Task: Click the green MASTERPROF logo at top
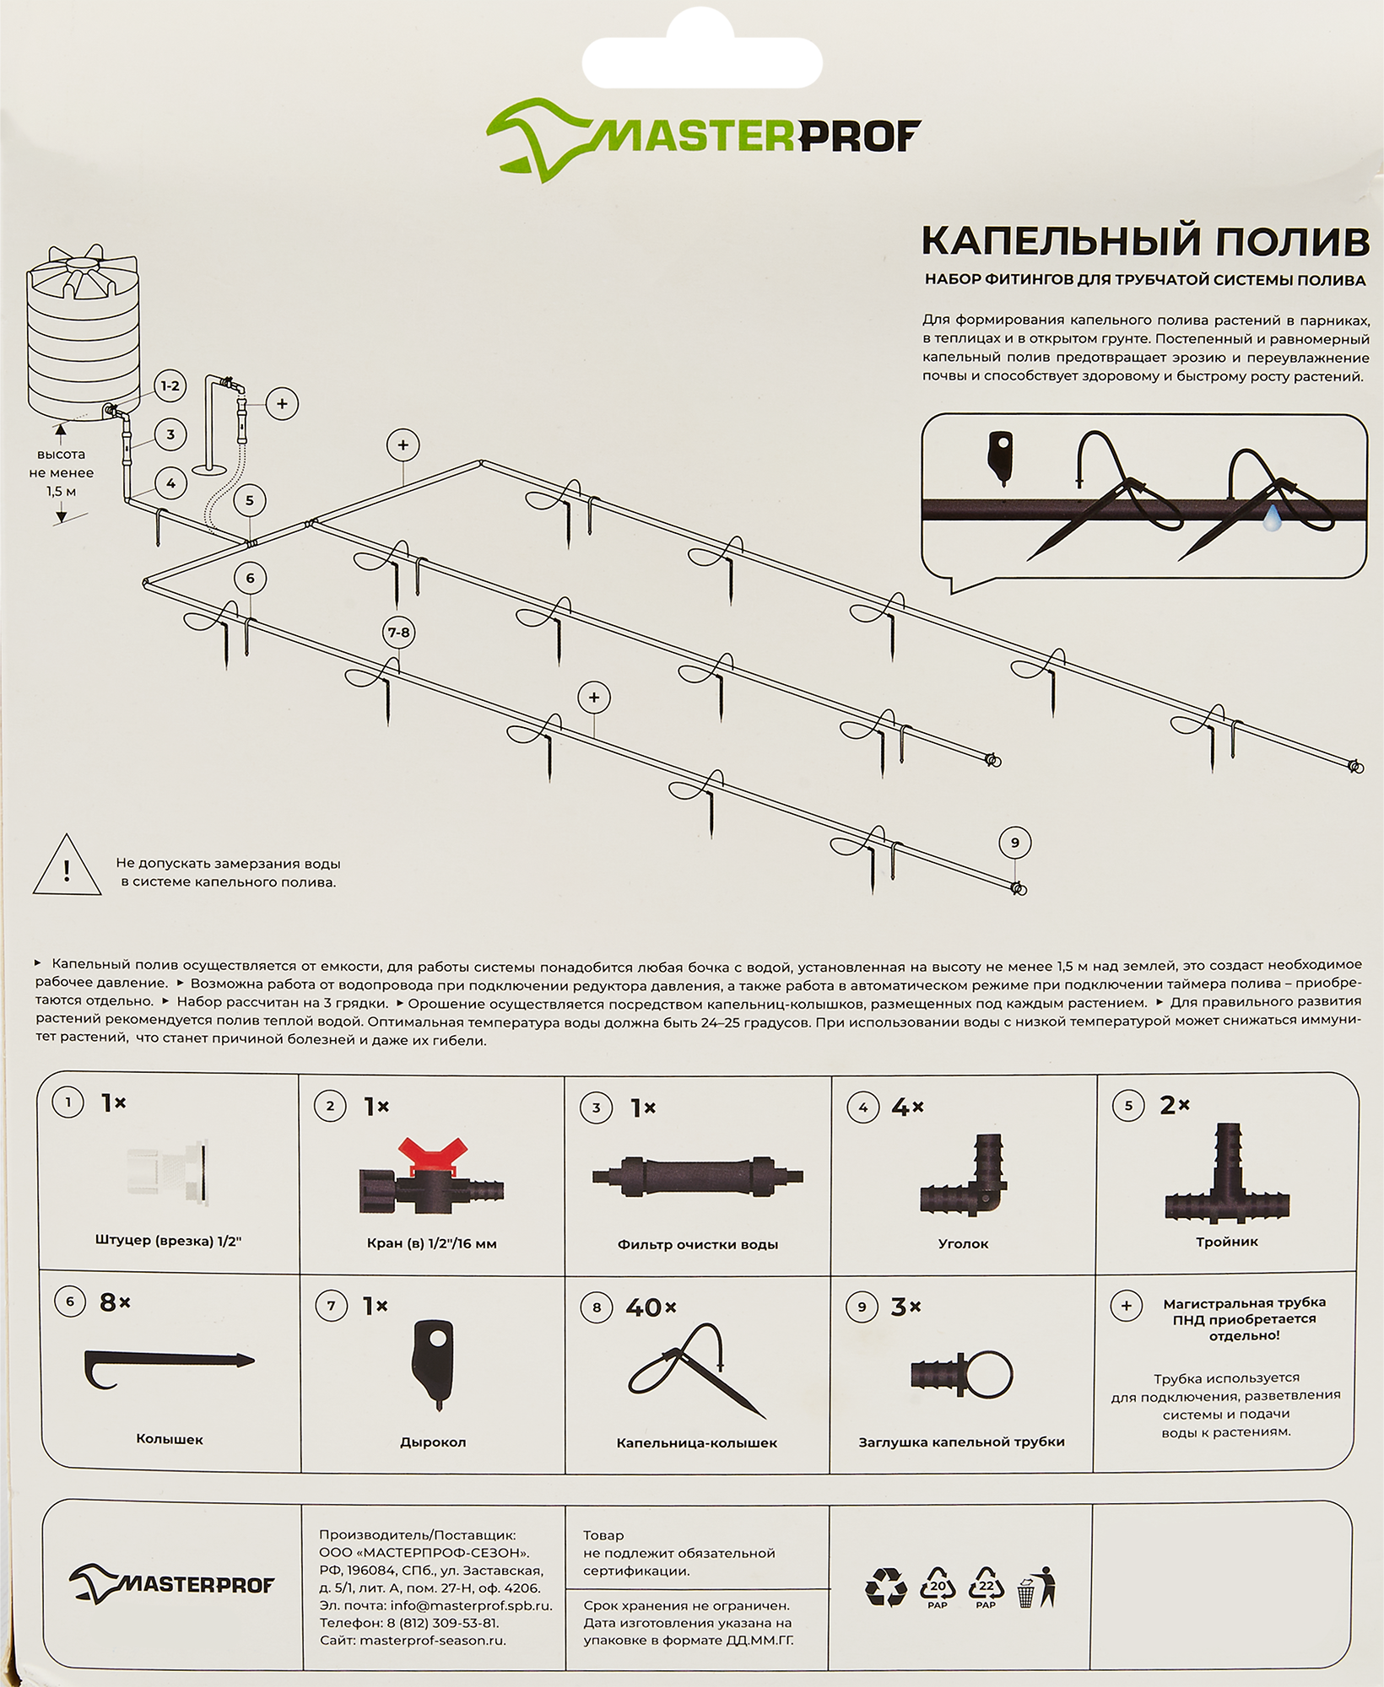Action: coord(703,138)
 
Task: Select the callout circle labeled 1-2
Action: coord(170,386)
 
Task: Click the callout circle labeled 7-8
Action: coord(398,633)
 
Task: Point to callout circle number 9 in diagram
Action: coord(1014,843)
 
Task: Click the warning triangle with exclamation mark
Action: coord(67,867)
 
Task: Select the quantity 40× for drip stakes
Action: coord(651,1307)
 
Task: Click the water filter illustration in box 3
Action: coord(698,1177)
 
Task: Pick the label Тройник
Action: coord(1226,1242)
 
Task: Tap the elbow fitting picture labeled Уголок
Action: coord(964,1178)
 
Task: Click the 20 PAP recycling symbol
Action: coord(938,1588)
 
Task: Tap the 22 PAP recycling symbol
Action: coord(986,1588)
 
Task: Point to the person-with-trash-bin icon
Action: coord(1037,1588)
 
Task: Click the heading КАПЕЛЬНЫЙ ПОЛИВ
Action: coord(1144,241)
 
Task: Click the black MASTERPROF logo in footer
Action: coord(171,1585)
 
